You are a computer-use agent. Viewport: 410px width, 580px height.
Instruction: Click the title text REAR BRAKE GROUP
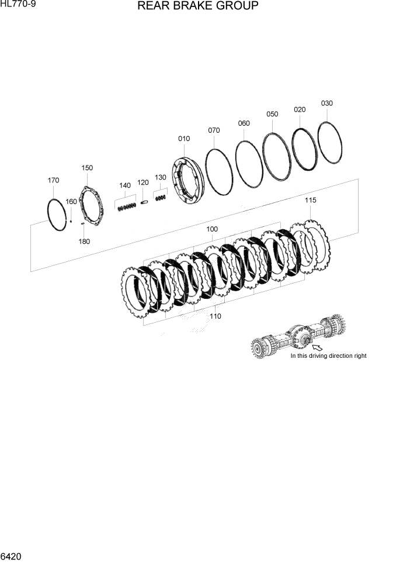click(x=197, y=6)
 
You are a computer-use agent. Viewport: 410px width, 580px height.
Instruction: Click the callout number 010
click(x=184, y=139)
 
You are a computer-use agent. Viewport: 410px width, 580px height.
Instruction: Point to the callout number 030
click(x=326, y=103)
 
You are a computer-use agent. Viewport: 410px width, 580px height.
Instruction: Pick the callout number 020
click(x=300, y=109)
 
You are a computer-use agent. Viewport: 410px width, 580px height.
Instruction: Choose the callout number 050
click(x=272, y=115)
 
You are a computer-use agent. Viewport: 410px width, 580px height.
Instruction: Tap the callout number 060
click(x=244, y=123)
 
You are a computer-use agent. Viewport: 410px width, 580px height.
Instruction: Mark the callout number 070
click(x=214, y=130)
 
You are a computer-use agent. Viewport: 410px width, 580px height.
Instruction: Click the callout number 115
click(x=310, y=201)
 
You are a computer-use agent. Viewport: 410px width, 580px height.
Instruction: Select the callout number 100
click(x=212, y=229)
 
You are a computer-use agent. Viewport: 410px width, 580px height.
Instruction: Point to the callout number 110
click(x=215, y=316)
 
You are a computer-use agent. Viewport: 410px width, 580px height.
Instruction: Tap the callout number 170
click(x=53, y=181)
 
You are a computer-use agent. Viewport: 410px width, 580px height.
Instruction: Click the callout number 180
click(x=84, y=241)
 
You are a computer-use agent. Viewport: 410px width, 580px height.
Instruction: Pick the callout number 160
click(x=71, y=202)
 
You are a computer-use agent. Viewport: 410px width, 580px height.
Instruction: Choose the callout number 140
click(x=125, y=185)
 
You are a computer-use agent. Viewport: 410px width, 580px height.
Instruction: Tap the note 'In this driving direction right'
click(x=328, y=356)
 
